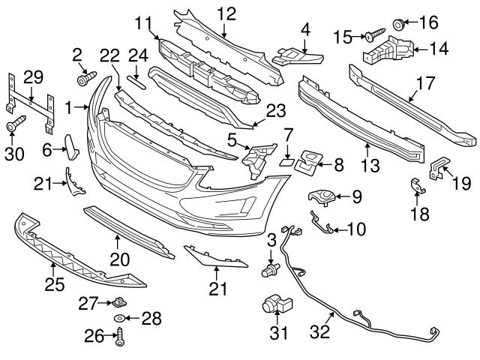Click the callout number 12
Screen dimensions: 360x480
226,13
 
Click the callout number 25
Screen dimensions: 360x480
52,285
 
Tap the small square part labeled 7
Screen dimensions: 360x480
287,160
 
